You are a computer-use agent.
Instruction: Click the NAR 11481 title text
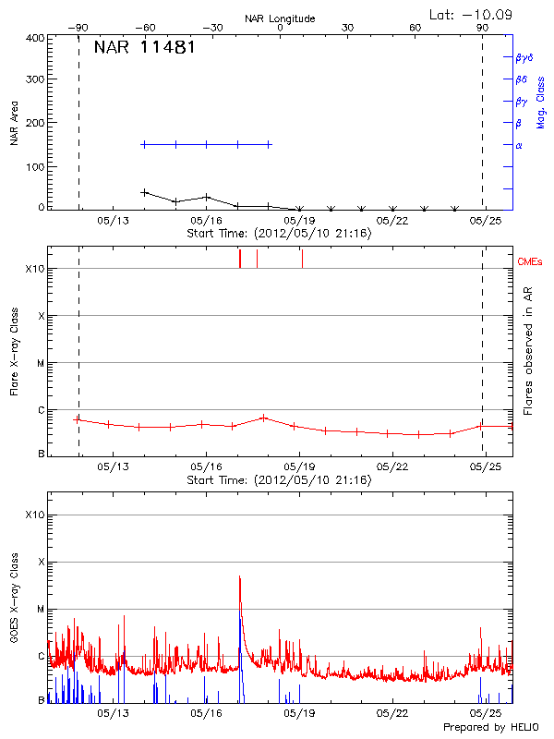click(x=143, y=47)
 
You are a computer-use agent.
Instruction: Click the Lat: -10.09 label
click(x=472, y=15)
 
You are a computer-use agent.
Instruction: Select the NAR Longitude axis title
click(x=280, y=18)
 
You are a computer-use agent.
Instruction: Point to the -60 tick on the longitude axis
click(x=144, y=28)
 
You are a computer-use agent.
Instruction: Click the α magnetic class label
click(x=519, y=145)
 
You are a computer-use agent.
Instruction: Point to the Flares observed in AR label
click(x=528, y=351)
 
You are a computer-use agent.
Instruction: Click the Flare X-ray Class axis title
click(x=15, y=351)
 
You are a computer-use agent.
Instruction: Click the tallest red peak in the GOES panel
click(x=239, y=576)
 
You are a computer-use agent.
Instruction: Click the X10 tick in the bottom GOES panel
click(x=35, y=515)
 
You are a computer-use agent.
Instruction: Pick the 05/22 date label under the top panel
click(x=392, y=221)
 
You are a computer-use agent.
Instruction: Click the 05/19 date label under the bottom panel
click(x=299, y=714)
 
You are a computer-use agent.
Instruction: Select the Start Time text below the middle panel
click(x=279, y=480)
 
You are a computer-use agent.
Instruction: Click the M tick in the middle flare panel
click(x=40, y=363)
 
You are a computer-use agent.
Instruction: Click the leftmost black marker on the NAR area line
click(x=144, y=192)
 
